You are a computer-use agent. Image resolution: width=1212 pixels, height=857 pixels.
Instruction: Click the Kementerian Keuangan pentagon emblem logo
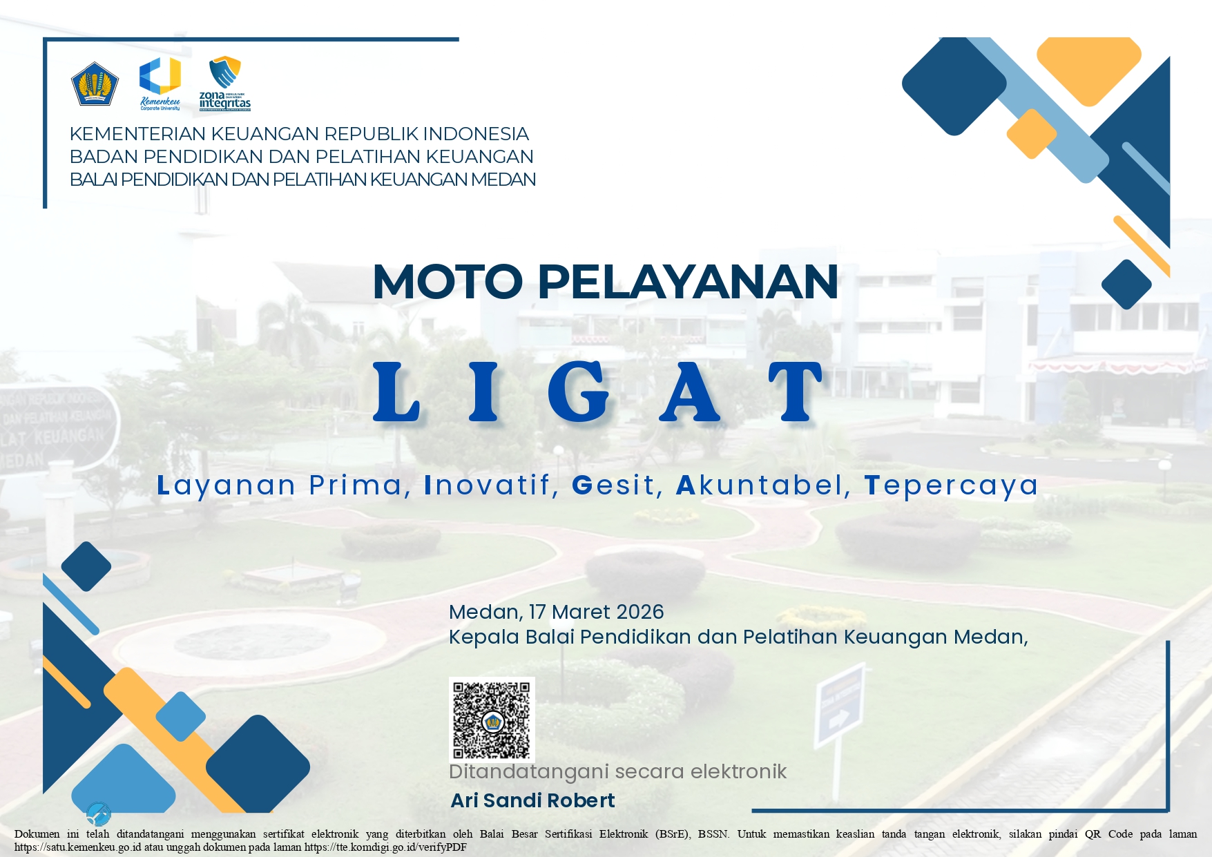[x=95, y=84]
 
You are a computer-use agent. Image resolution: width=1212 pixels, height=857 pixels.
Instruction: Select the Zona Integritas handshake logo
[x=224, y=83]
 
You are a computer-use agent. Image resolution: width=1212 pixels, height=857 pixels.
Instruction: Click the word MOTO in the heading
[x=448, y=282]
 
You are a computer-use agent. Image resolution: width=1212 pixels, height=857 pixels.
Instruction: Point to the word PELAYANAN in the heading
[x=688, y=282]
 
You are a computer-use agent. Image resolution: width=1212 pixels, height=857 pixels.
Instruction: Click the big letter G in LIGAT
[x=579, y=392]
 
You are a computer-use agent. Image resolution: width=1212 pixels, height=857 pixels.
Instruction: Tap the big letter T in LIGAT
[x=796, y=392]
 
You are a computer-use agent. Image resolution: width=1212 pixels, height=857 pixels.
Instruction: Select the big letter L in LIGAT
[x=396, y=392]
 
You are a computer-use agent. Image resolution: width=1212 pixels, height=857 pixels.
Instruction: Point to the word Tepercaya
[x=951, y=485]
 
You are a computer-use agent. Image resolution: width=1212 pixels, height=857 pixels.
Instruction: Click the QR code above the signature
[x=492, y=720]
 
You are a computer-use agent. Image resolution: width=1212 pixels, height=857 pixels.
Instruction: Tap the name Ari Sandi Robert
[x=532, y=800]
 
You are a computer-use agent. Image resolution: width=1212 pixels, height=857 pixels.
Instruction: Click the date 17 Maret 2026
[x=596, y=612]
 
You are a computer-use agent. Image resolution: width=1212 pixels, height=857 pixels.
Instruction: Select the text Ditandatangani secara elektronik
[x=617, y=771]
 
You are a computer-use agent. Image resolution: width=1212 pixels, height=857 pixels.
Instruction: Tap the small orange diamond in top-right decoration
[x=1031, y=133]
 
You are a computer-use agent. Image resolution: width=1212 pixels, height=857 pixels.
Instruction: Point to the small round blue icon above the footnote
[x=99, y=814]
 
